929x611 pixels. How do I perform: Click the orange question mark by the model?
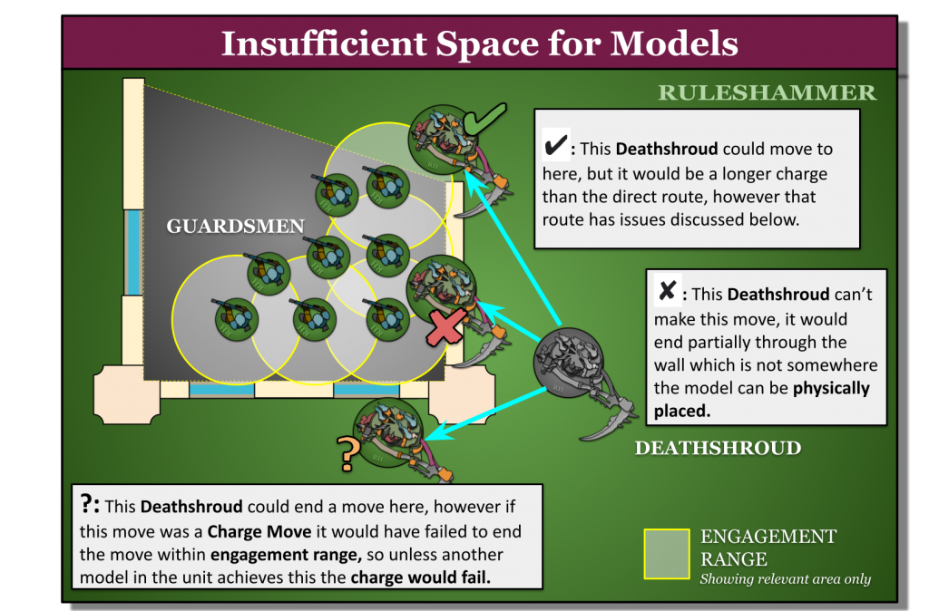tap(346, 454)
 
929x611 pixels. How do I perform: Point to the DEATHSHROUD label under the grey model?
tap(718, 448)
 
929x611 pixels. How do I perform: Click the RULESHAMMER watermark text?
tap(767, 92)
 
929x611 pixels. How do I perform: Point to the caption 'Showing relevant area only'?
tap(785, 579)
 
